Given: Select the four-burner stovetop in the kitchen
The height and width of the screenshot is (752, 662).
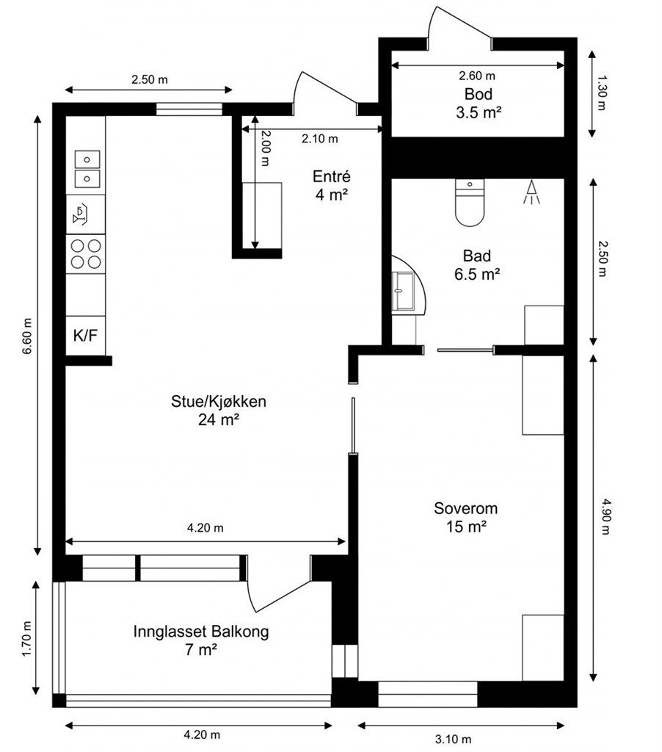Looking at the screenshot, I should click(86, 253).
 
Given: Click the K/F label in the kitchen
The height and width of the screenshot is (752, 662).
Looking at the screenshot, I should click(85, 336).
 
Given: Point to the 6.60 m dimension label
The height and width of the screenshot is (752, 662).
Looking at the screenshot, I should click(27, 336).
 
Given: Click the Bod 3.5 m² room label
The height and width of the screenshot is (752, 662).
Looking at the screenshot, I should click(478, 103).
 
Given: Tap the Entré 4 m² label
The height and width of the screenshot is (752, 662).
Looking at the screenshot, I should click(332, 185).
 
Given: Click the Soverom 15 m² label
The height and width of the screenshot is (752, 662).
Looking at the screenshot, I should click(466, 517).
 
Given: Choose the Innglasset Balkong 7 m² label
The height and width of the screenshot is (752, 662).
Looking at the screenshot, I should click(201, 640).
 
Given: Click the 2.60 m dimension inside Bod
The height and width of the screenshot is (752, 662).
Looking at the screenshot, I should click(477, 76).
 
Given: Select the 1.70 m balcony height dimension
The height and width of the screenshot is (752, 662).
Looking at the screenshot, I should click(27, 638).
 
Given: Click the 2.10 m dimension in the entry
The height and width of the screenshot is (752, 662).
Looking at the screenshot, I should click(320, 138).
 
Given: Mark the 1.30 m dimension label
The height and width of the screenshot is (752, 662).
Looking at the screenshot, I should click(603, 93).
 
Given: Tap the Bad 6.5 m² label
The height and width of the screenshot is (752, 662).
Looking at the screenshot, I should click(481, 264).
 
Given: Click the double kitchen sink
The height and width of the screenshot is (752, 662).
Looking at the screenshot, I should click(87, 168).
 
